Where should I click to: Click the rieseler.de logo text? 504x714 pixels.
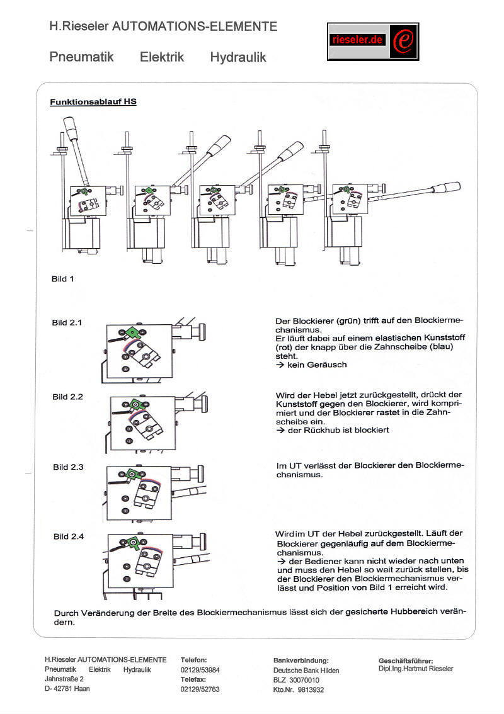(x=357, y=40)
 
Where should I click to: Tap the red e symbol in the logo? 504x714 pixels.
(x=404, y=41)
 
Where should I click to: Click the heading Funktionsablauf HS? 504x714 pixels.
(x=93, y=101)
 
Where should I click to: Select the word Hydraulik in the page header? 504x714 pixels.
(x=238, y=57)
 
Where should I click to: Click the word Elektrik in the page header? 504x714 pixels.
(x=162, y=57)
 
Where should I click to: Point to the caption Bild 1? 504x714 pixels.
(x=62, y=279)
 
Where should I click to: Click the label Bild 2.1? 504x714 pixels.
(x=67, y=322)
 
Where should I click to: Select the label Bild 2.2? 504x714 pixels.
(x=67, y=397)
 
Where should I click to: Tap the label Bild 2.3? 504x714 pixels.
(x=68, y=467)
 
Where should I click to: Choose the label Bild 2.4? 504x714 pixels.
(x=68, y=536)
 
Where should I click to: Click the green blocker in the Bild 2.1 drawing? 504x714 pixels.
(x=132, y=332)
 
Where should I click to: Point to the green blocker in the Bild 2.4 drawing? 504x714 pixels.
(x=133, y=543)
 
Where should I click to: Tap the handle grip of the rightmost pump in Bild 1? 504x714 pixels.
(x=446, y=187)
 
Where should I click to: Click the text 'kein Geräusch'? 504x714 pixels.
(x=317, y=365)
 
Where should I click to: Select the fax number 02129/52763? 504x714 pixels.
(x=200, y=689)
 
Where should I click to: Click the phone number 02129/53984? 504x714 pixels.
(x=200, y=670)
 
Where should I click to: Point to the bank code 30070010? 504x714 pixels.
(x=304, y=680)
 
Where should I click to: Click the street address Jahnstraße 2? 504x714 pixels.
(x=64, y=679)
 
